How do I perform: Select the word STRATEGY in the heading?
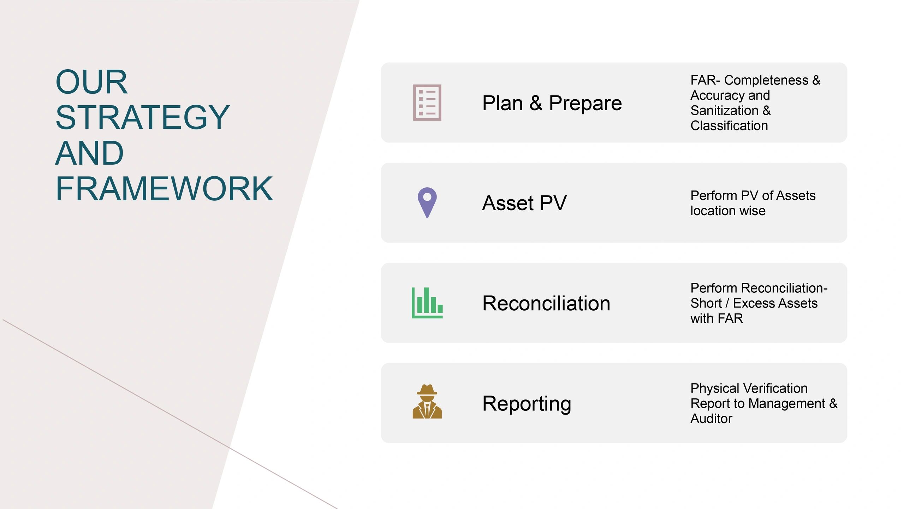143,117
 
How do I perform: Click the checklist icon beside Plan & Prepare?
427,103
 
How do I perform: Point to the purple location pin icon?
427,203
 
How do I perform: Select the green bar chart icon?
427,303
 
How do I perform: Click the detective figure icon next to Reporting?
427,402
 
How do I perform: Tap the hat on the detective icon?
427,390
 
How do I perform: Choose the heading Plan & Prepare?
552,103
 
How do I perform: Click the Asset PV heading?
524,203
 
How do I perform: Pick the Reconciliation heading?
546,303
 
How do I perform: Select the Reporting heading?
527,404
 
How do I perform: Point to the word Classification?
729,126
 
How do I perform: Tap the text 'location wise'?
728,211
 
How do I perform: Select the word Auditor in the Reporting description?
711,419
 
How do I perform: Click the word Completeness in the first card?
766,81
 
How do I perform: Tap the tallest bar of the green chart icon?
427,300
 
